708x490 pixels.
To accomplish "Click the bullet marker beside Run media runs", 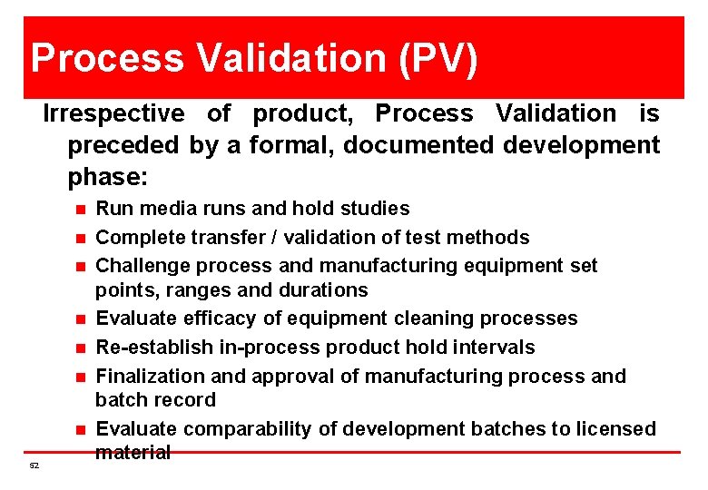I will (x=80, y=210).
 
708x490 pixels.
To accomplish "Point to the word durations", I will (x=323, y=290).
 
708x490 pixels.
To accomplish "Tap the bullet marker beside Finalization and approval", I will (x=80, y=377).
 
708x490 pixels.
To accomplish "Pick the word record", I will (x=186, y=400).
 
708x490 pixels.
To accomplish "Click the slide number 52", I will (x=34, y=465).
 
